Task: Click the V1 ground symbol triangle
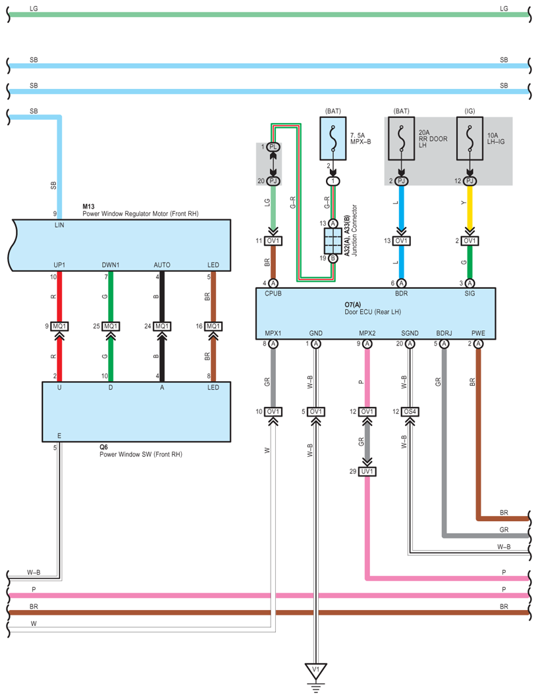[x=315, y=671]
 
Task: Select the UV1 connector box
[x=367, y=471]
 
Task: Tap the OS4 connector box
[x=410, y=412]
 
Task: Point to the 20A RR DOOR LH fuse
[x=401, y=139]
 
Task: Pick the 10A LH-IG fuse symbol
[x=470, y=139]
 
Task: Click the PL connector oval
[x=273, y=147]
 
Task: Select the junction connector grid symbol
[x=333, y=242]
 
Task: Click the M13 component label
[x=89, y=207]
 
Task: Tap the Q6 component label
[x=103, y=447]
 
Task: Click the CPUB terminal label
[x=273, y=293]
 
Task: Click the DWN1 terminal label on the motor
[x=111, y=265]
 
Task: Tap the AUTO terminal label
[x=162, y=265]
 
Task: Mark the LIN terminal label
[x=59, y=225]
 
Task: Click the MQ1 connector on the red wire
[x=59, y=326]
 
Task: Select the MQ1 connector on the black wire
[x=162, y=326]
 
